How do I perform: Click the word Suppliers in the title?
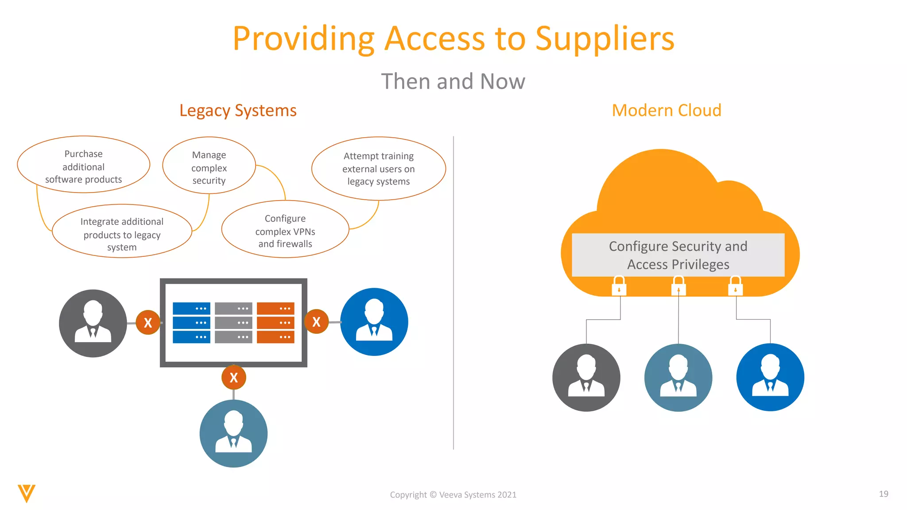pos(605,39)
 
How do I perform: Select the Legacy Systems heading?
pos(238,110)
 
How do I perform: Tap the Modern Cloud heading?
pos(666,110)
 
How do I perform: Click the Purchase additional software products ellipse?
pos(83,165)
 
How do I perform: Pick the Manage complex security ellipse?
pos(209,166)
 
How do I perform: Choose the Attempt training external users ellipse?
pos(378,169)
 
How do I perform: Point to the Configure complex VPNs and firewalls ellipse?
pos(285,230)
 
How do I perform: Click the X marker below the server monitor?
pos(234,377)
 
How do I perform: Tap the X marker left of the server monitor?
pos(148,323)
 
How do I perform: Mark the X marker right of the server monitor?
pos(316,322)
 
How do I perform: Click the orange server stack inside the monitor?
pos(275,322)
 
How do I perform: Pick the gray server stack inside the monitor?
pos(233,322)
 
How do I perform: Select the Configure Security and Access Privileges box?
pos(678,255)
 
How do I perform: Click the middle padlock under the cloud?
pos(678,286)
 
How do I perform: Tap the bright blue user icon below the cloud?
pos(770,377)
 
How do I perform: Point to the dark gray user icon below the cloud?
pos(586,378)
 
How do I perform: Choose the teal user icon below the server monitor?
pos(233,433)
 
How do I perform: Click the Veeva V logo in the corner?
pos(27,493)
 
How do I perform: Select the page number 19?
pos(883,494)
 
